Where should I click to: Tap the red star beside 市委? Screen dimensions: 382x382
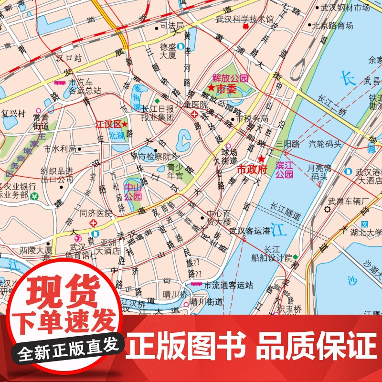pyautogui.click(x=211, y=88)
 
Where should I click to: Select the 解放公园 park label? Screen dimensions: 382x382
pyautogui.click(x=231, y=78)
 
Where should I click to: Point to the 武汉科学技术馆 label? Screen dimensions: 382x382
pyautogui.click(x=245, y=20)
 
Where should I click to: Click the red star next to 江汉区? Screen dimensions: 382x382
pyautogui.click(x=125, y=124)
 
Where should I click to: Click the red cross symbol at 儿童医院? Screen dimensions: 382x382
pyautogui.click(x=194, y=115)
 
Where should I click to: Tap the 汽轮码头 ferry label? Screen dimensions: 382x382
pyautogui.click(x=325, y=142)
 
